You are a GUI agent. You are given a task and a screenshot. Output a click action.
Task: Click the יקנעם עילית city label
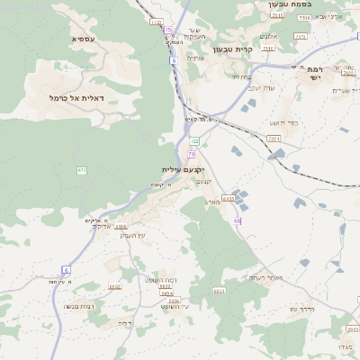[184, 169]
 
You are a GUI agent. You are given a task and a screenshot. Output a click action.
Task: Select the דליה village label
[125, 321]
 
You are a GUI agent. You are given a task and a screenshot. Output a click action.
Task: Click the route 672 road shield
[82, 169]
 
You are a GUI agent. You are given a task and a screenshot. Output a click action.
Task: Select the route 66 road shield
[238, 220]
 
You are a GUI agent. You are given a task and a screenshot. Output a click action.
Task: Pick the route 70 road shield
[192, 154]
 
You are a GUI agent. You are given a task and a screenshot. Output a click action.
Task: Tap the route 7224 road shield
[274, 139]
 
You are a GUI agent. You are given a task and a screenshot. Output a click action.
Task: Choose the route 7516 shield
[304, 17]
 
